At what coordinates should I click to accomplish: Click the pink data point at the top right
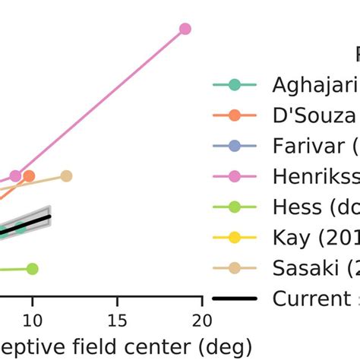(x=185, y=29)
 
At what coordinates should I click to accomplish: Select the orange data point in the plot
(x=29, y=176)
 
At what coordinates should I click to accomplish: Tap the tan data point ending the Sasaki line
(x=66, y=176)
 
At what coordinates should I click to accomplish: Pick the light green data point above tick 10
(x=32, y=269)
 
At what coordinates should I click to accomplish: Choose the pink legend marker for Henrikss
(x=234, y=176)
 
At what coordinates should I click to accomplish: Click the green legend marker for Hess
(x=234, y=207)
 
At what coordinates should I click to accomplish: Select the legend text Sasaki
(x=311, y=268)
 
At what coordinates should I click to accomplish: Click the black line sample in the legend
(x=234, y=298)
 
